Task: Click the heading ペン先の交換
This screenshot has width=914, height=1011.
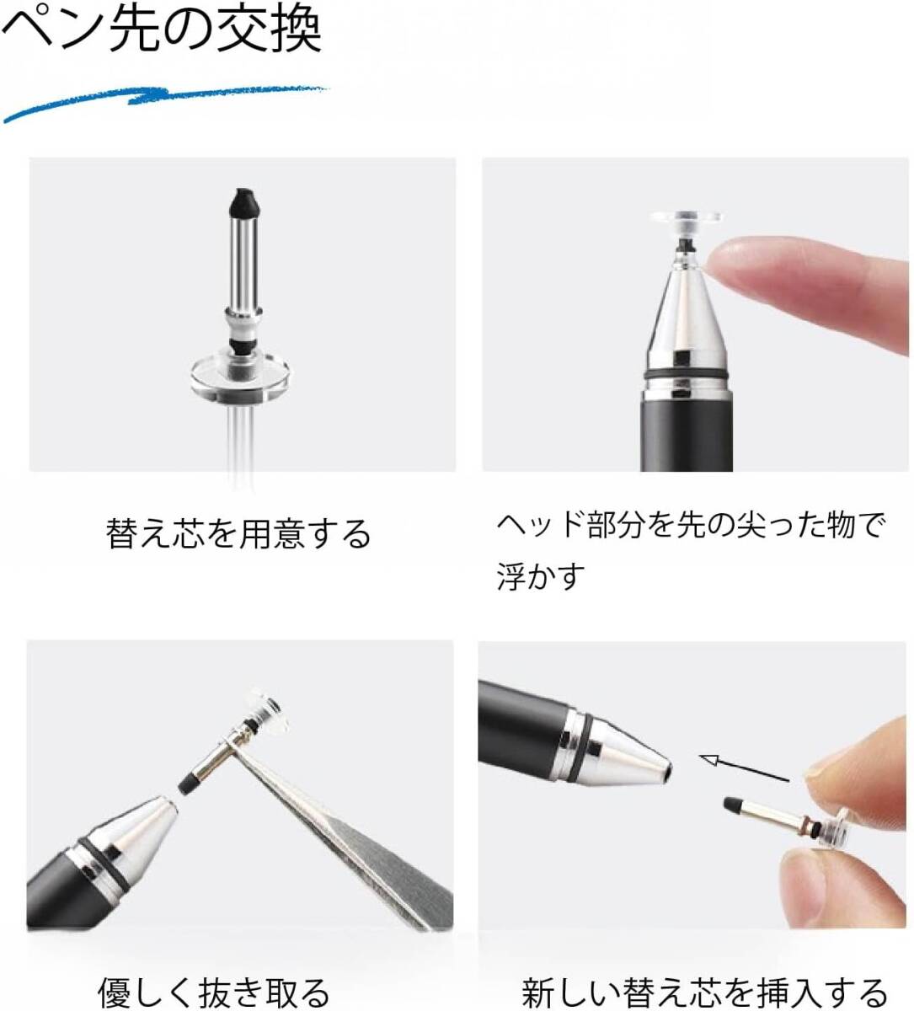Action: [x=162, y=31]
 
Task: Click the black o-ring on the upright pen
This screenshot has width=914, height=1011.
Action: [x=686, y=376]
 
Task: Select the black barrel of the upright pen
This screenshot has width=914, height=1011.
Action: [x=686, y=432]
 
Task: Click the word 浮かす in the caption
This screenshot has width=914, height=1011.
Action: [x=541, y=576]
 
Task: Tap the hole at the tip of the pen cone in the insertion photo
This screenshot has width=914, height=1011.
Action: [x=669, y=771]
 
